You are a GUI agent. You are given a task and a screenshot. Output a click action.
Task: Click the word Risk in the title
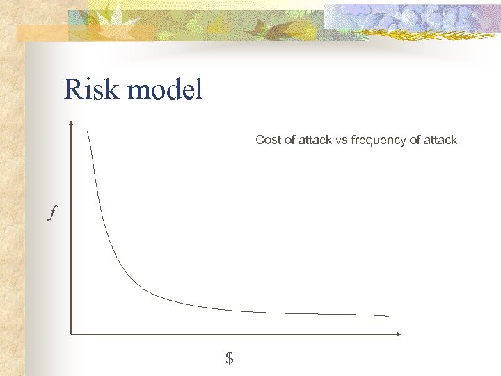[89, 90]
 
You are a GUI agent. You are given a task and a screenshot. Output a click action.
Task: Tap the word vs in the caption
[341, 140]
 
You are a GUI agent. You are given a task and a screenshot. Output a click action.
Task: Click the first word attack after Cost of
[315, 140]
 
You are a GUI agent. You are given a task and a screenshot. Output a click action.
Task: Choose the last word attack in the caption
[440, 140]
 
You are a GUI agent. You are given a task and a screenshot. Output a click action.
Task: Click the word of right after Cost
[288, 140]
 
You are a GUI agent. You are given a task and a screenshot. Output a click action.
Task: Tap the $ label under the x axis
[229, 359]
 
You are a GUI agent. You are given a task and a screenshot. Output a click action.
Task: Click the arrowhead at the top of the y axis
[71, 125]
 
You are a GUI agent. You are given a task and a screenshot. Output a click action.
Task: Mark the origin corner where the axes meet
[71, 334]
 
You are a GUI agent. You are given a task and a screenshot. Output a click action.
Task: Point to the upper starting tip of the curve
[88, 131]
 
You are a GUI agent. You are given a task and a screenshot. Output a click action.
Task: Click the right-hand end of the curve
[388, 315]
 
